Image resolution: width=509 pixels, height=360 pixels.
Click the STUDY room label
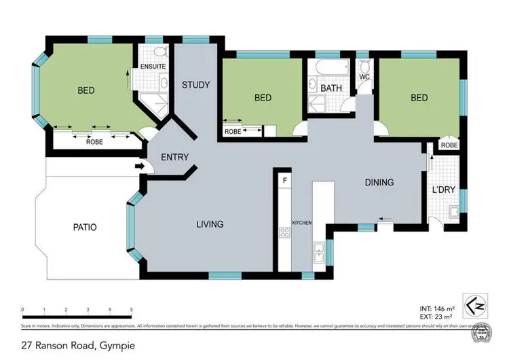tap(195, 85)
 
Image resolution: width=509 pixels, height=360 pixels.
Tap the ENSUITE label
tap(153, 67)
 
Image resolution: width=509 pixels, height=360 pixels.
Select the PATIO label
tap(86, 227)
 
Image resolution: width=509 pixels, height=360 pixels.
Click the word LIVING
tap(210, 224)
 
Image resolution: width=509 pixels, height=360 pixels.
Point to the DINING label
tap(379, 182)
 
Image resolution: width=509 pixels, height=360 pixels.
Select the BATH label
tap(331, 88)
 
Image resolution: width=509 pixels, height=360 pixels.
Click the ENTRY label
tap(174, 158)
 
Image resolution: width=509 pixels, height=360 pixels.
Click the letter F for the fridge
tap(285, 181)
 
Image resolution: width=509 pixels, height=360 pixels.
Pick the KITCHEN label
tap(301, 223)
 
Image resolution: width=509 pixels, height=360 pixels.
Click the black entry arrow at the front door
tap(140, 166)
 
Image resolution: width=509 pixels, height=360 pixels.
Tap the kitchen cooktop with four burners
tap(285, 233)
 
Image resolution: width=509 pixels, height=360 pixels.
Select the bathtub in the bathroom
tap(322, 68)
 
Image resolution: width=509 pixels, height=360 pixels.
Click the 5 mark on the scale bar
tap(131, 310)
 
